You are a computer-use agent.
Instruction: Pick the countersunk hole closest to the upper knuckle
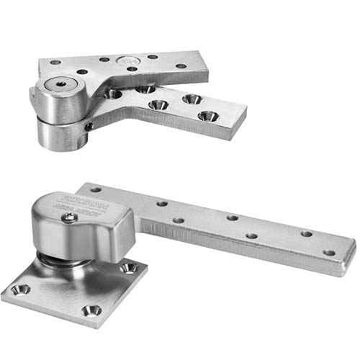(112, 93)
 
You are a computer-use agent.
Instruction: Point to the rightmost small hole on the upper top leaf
(181, 66)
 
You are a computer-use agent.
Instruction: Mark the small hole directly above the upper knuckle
(55, 63)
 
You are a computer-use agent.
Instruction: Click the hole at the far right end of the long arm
(329, 253)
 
